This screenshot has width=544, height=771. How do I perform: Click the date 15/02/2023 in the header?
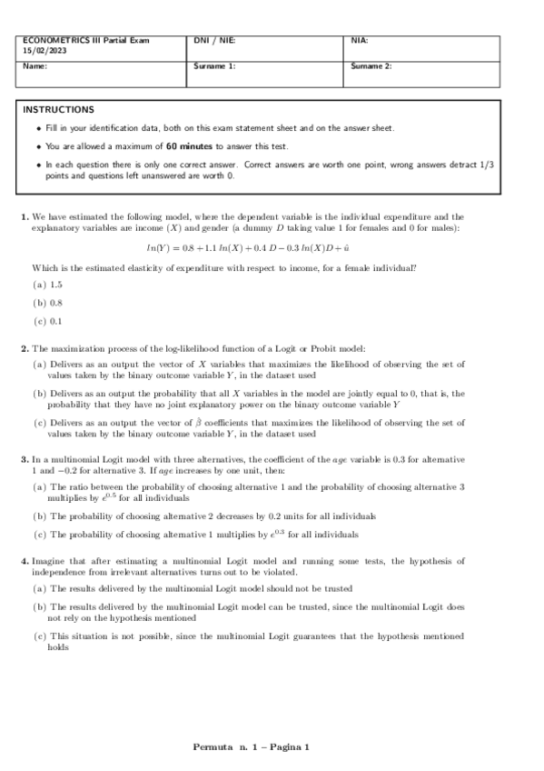(42, 51)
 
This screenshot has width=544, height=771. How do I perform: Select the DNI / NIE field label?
(214, 41)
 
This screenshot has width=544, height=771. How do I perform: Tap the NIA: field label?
(359, 41)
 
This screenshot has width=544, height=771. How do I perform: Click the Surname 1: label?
(214, 67)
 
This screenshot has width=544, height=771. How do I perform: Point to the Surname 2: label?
(371, 67)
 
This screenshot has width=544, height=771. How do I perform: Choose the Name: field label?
(35, 67)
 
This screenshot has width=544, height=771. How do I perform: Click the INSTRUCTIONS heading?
(58, 110)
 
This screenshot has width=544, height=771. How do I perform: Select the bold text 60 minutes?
(189, 146)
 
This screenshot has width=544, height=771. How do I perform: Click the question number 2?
(25, 348)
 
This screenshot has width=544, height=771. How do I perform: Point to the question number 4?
(25, 561)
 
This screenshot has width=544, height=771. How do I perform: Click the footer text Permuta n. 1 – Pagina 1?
(251, 747)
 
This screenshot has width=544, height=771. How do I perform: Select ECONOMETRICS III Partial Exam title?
(84, 41)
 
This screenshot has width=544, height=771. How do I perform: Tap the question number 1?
(25, 217)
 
